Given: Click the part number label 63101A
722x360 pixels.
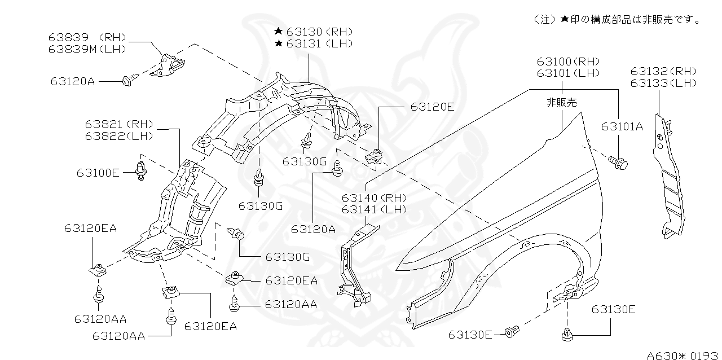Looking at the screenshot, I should tap(622, 126).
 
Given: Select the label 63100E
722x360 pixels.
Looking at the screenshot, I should tap(98, 173).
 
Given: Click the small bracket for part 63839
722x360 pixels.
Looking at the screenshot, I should tap(169, 64).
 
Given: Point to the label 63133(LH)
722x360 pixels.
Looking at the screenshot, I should tap(663, 83).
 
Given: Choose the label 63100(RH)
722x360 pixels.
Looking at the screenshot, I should tap(567, 61).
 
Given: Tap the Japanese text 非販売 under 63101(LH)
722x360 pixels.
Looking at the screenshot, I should tap(561, 102).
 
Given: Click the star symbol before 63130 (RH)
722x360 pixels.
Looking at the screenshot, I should tap(279, 32).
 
